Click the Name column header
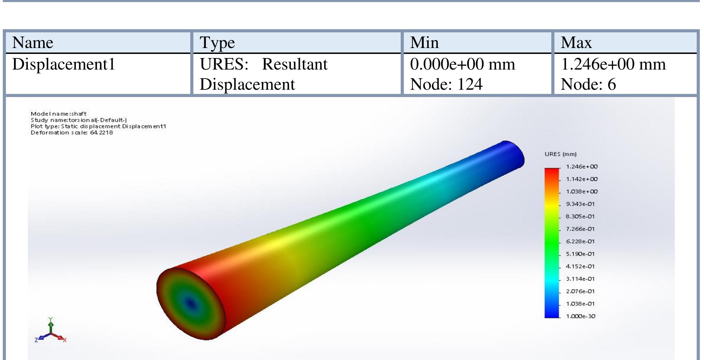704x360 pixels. pos(33,43)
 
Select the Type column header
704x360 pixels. pos(217,43)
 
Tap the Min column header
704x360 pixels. pos(424,43)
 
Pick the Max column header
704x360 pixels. pos(576,43)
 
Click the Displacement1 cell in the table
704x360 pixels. pos(64,64)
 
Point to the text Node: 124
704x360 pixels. pos(446,85)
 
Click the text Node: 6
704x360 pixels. pos(588,85)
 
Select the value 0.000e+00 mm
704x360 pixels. pos(463,64)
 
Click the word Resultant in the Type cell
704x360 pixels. pos(295,64)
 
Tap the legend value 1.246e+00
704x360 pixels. pos(582,167)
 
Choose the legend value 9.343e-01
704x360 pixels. pos(580,204)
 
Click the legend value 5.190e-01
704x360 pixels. pos(580,254)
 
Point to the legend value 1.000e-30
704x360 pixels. pos(580,316)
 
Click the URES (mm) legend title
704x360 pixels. pos(560,154)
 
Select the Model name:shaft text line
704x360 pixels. pos(58,114)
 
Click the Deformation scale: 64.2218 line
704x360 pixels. pos(72,133)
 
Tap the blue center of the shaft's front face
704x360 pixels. pos(190,304)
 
